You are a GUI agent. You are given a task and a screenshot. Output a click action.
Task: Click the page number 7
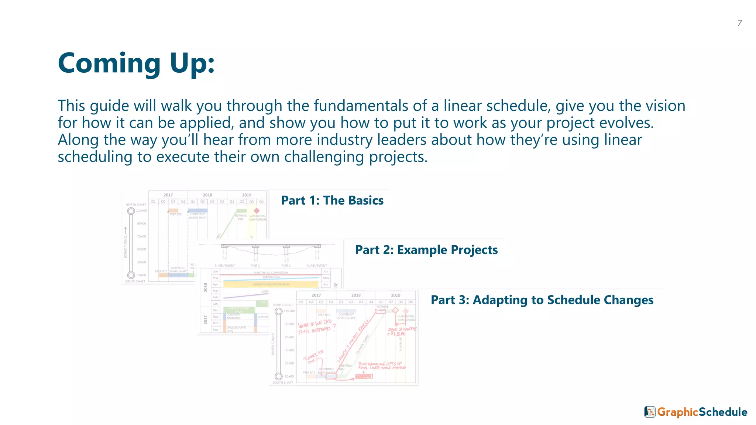pyautogui.click(x=740, y=23)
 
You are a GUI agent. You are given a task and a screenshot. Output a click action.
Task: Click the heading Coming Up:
pyautogui.click(x=136, y=63)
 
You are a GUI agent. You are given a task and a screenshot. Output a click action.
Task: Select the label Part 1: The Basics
pyautogui.click(x=332, y=200)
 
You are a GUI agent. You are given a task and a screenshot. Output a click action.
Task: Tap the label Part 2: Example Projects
pyautogui.click(x=426, y=250)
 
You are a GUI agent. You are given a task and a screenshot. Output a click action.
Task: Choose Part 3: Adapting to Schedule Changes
pyautogui.click(x=542, y=300)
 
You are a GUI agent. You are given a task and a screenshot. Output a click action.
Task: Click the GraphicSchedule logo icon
pyautogui.click(x=650, y=412)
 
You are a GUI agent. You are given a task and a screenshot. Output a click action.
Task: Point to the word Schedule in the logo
pyautogui.click(x=723, y=412)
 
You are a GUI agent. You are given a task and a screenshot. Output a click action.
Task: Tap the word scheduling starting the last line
pyautogui.click(x=95, y=157)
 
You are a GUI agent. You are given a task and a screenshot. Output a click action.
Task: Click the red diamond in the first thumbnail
pyautogui.click(x=257, y=211)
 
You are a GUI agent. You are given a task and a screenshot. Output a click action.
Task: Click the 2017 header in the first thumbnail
pyautogui.click(x=168, y=195)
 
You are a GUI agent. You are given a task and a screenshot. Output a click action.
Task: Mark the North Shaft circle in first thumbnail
pyautogui.click(x=131, y=211)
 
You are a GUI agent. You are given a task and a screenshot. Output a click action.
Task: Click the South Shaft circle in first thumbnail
pyautogui.click(x=131, y=275)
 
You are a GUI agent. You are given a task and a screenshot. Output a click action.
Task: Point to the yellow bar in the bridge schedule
pyautogui.click(x=271, y=284)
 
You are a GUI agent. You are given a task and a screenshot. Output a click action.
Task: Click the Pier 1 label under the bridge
pyautogui.click(x=255, y=266)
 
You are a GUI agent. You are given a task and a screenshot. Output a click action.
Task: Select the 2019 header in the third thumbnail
pyautogui.click(x=395, y=295)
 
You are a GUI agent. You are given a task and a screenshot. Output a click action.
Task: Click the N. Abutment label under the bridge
pyautogui.click(x=316, y=266)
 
